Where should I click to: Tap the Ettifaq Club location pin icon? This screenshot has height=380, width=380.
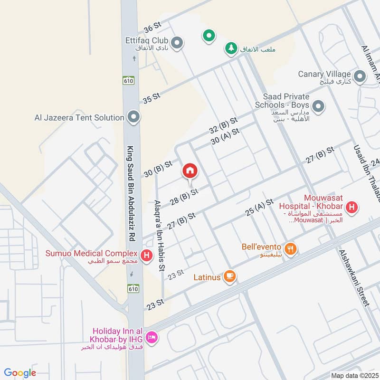(x=177, y=44)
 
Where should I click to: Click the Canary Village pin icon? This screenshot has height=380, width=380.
(x=360, y=75)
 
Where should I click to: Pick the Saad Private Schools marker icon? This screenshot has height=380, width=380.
(x=318, y=105)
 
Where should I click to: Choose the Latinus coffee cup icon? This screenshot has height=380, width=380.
(x=229, y=276)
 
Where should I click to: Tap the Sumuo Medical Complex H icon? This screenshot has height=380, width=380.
(x=147, y=256)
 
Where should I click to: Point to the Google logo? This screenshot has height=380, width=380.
(x=20, y=373)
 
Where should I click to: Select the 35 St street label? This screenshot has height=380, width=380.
(x=152, y=98)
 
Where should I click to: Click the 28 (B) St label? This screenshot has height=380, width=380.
(x=183, y=196)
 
